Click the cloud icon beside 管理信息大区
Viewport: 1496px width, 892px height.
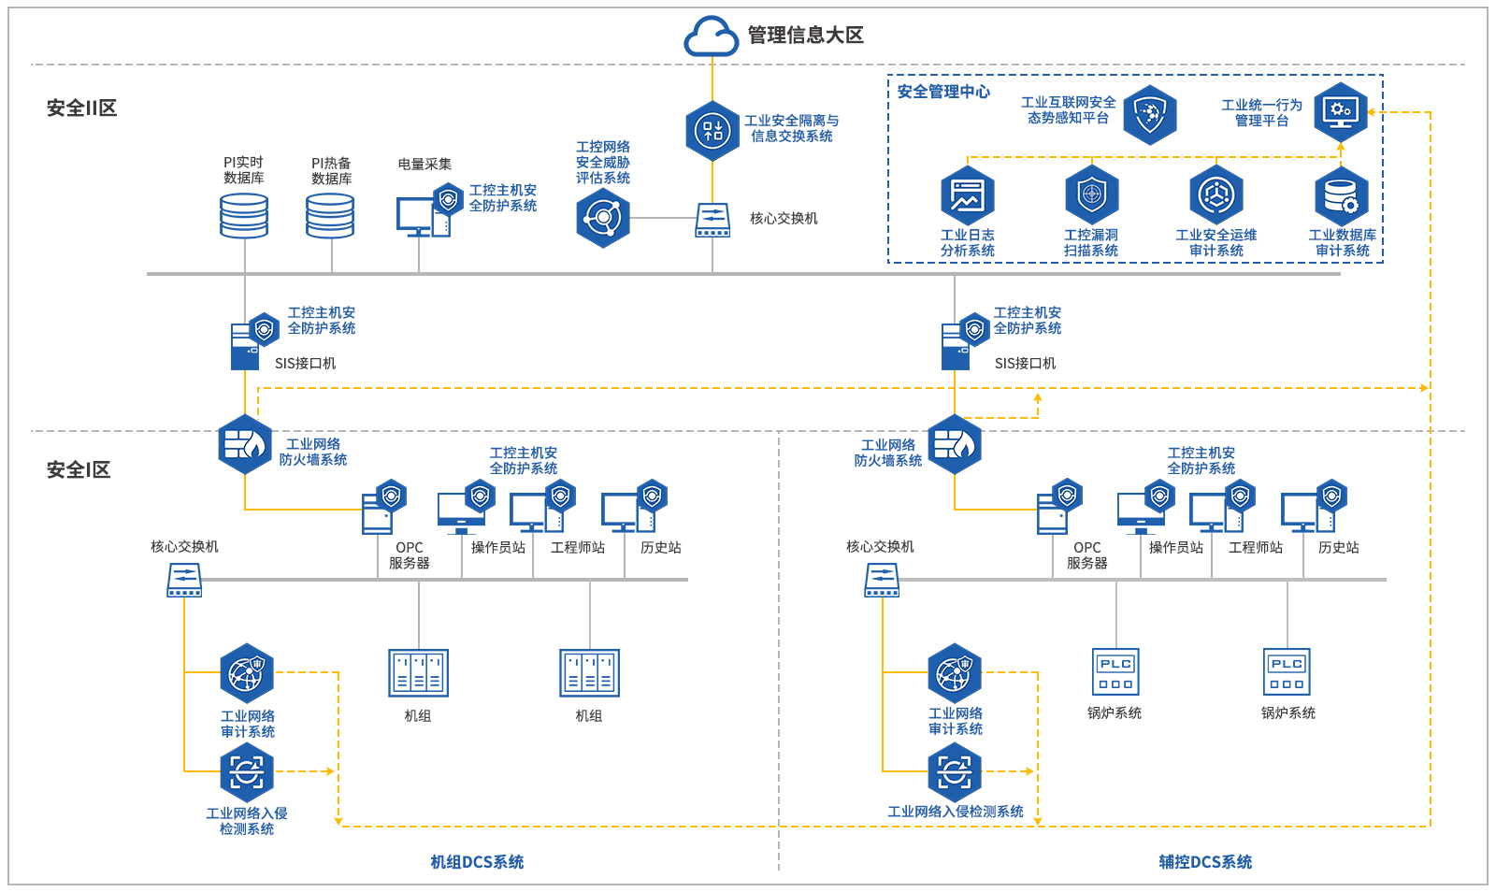click(x=712, y=36)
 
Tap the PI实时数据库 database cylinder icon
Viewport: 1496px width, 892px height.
click(x=244, y=216)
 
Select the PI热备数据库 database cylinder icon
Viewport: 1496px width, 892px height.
click(x=330, y=216)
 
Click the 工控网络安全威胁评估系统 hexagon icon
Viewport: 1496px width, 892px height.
click(x=603, y=218)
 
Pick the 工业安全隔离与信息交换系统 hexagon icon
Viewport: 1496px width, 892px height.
click(x=712, y=130)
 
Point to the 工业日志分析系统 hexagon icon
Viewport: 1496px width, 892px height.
click(x=968, y=194)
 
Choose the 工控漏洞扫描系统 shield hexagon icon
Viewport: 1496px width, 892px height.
click(x=1091, y=194)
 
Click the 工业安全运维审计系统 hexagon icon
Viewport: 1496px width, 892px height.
click(x=1216, y=194)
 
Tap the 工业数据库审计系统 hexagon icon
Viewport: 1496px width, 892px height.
click(x=1342, y=195)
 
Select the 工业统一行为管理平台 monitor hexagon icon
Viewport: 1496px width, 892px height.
click(x=1341, y=111)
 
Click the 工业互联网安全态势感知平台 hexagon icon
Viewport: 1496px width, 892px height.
click(x=1150, y=114)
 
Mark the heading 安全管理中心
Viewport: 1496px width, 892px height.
click(x=943, y=92)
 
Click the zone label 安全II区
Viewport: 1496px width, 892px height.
click(x=82, y=108)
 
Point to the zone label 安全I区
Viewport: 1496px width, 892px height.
click(x=79, y=469)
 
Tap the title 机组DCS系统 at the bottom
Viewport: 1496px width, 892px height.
click(x=477, y=862)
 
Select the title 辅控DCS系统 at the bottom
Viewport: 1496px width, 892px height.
click(x=1205, y=862)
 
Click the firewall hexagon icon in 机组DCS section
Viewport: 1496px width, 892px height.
click(x=245, y=444)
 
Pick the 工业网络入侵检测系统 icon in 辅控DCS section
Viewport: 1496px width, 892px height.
click(x=955, y=772)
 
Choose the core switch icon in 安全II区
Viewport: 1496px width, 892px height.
click(x=712, y=221)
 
